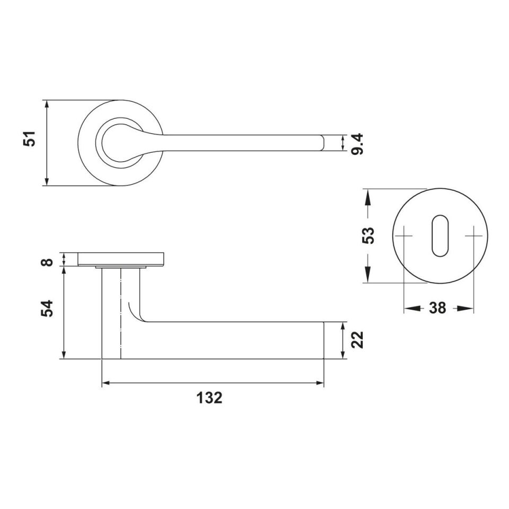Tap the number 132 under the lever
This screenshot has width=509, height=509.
pyautogui.click(x=209, y=398)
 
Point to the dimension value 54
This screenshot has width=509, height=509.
pyautogui.click(x=47, y=309)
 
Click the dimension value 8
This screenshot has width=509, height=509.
pyautogui.click(x=47, y=262)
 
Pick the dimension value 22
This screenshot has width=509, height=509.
pyautogui.click(x=357, y=340)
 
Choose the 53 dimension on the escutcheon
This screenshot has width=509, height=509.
pyautogui.click(x=368, y=235)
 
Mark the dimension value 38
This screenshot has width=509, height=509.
pyautogui.click(x=437, y=308)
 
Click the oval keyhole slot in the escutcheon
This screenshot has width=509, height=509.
pyautogui.click(x=440, y=235)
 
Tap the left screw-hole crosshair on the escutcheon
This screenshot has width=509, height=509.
pyautogui.click(x=404, y=235)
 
